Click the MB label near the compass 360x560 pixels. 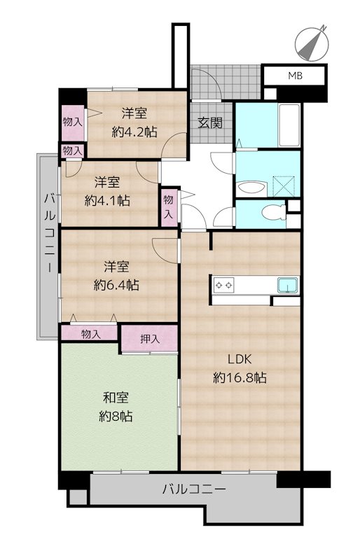click(296, 76)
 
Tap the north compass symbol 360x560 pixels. click(312, 43)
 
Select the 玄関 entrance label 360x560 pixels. click(210, 123)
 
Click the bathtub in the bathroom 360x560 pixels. click(289, 125)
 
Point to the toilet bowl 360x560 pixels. click(272, 213)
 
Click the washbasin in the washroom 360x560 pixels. click(251, 187)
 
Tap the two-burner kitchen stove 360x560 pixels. click(224, 285)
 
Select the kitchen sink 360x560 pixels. click(288, 285)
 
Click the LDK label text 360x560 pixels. click(240, 359)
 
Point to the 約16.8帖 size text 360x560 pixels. click(240, 377)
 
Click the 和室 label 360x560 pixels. click(116, 398)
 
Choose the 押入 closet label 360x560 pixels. click(150, 339)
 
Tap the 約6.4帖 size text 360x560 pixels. click(116, 285)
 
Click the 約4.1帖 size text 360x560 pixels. click(107, 201)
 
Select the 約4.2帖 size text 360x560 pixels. click(134, 132)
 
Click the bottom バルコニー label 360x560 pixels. click(194, 489)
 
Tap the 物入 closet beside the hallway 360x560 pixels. click(169, 206)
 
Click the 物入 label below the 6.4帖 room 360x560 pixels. click(91, 335)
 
